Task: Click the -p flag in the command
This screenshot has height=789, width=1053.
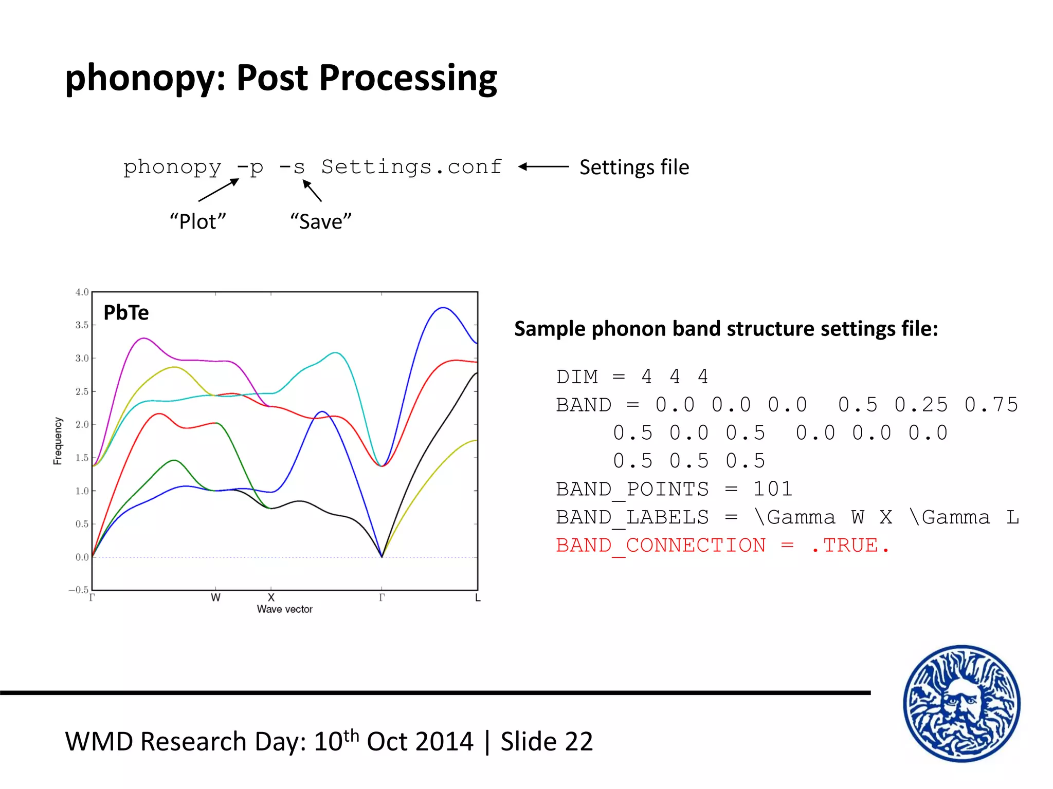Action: click(x=250, y=167)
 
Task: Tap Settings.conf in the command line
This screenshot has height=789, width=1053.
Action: click(x=411, y=167)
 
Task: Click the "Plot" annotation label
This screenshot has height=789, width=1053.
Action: click(x=198, y=222)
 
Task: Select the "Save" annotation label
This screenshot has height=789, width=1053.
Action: click(x=321, y=222)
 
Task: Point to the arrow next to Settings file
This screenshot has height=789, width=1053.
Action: click(x=543, y=166)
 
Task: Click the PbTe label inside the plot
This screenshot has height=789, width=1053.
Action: click(x=126, y=312)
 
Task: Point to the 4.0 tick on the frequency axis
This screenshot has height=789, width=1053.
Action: click(x=82, y=292)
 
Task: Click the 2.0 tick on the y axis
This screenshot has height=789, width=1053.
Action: click(x=82, y=424)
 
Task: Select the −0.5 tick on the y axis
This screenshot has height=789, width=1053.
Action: click(x=79, y=590)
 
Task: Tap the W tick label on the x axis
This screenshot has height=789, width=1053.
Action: click(x=215, y=598)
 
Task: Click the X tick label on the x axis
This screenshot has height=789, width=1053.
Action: click(x=271, y=598)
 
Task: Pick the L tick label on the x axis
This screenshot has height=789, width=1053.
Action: click(x=478, y=598)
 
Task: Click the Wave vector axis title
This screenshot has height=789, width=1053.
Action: click(x=284, y=609)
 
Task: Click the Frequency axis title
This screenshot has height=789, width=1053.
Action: click(x=58, y=441)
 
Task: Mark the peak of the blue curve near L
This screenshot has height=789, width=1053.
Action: click(x=443, y=308)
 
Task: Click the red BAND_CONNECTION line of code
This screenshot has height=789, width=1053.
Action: click(x=722, y=546)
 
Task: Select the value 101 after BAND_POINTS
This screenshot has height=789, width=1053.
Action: click(x=772, y=489)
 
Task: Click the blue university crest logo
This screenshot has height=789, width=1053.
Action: click(x=961, y=703)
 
